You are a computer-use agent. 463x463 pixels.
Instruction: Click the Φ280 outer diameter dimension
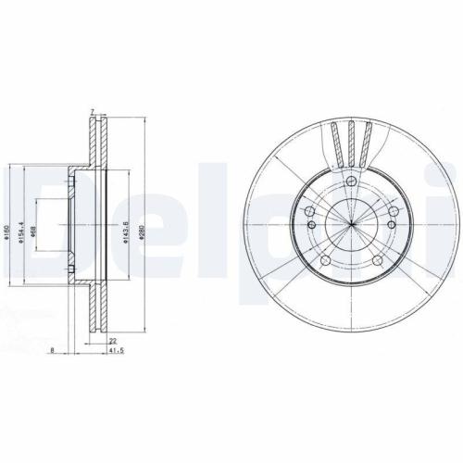click(142, 223)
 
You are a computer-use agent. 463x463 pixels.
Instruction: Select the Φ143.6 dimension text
click(125, 223)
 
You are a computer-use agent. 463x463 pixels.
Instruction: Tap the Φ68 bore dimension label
click(33, 222)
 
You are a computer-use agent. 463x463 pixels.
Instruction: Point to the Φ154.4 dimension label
click(19, 223)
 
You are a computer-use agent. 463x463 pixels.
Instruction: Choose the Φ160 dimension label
click(6, 223)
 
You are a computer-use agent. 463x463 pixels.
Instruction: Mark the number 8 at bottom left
click(54, 352)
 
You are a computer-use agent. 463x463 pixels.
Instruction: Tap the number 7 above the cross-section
click(93, 112)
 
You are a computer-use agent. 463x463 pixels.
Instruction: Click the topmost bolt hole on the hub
click(353, 181)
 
